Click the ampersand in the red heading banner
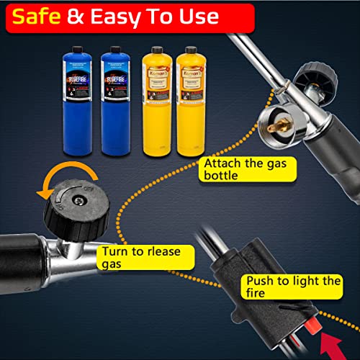coord(77,16)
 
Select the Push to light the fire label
coord(291,287)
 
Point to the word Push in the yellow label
coord(260,280)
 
